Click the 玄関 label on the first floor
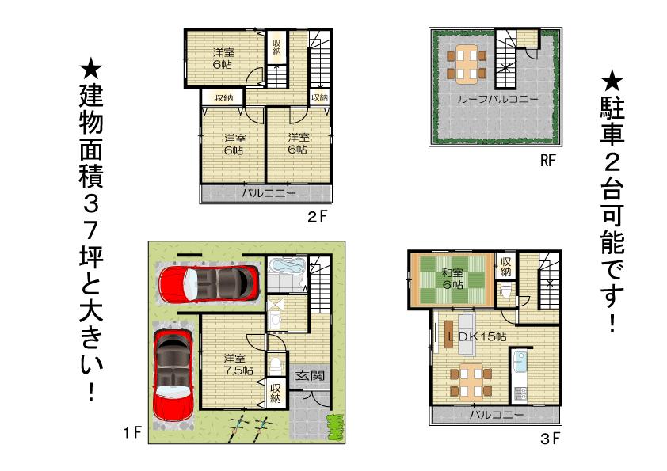(309, 376)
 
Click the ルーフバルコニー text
(497, 100)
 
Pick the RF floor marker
(548, 161)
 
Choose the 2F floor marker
(318, 215)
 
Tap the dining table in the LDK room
(470, 381)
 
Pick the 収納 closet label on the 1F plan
(275, 393)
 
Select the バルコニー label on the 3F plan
(496, 414)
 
